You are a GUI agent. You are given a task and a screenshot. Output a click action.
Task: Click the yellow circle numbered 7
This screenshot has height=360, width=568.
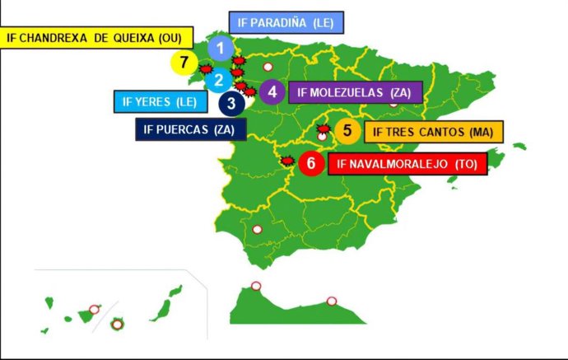coord(182,62)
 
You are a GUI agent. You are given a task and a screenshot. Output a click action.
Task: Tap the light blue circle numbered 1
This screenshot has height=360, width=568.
coord(220,49)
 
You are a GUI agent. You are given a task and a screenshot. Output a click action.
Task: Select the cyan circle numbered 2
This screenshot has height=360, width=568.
coord(219,80)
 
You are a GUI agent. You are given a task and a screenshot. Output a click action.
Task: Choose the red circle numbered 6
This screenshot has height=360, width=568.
coord(310,163)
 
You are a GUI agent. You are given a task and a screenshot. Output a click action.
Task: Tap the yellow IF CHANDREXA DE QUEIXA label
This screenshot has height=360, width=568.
coord(96,37)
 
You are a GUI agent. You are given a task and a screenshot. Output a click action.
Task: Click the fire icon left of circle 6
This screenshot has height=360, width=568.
coord(287,161)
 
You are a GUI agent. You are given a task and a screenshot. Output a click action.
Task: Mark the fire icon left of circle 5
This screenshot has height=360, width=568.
coord(322,129)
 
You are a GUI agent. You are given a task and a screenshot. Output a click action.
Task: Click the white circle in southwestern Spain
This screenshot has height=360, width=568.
coord(257,230)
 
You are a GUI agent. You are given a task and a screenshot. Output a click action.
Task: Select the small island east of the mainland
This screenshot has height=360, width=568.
coord(519,147)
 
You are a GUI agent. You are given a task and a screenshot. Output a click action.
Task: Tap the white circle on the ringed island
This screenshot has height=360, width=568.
coord(117,324)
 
